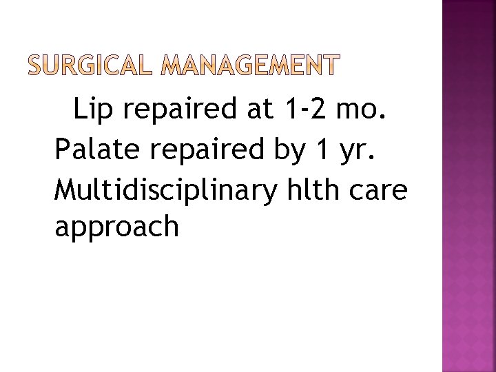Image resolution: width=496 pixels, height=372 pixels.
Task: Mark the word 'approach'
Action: coord(116,228)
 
